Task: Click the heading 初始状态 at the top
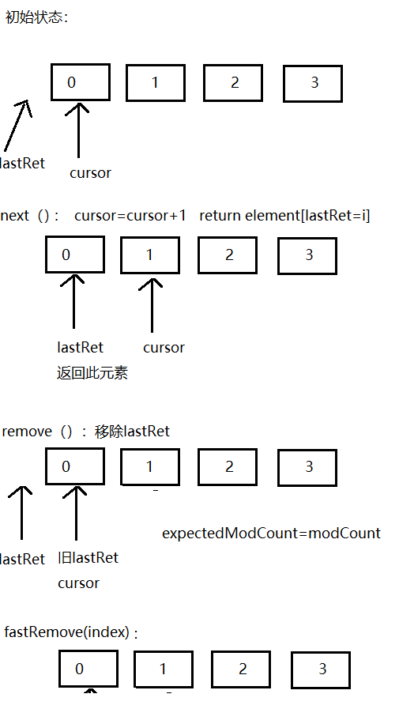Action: tap(36, 18)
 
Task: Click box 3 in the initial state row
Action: tap(313, 83)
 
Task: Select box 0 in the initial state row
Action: tap(81, 81)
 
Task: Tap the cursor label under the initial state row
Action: tap(90, 172)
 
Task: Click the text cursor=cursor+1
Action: tap(130, 216)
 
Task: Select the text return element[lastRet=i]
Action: tap(284, 216)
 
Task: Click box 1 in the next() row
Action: tap(150, 255)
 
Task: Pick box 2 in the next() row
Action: tap(228, 255)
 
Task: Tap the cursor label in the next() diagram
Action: tap(164, 347)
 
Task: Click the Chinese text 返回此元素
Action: tap(92, 373)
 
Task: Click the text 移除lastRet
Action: tap(132, 432)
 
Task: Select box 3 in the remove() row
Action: tap(308, 466)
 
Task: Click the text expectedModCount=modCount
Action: tap(271, 533)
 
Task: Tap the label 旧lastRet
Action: tap(88, 558)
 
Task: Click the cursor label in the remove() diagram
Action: tap(78, 583)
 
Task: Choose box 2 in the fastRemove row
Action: tap(241, 669)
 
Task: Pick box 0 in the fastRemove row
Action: tap(88, 669)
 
